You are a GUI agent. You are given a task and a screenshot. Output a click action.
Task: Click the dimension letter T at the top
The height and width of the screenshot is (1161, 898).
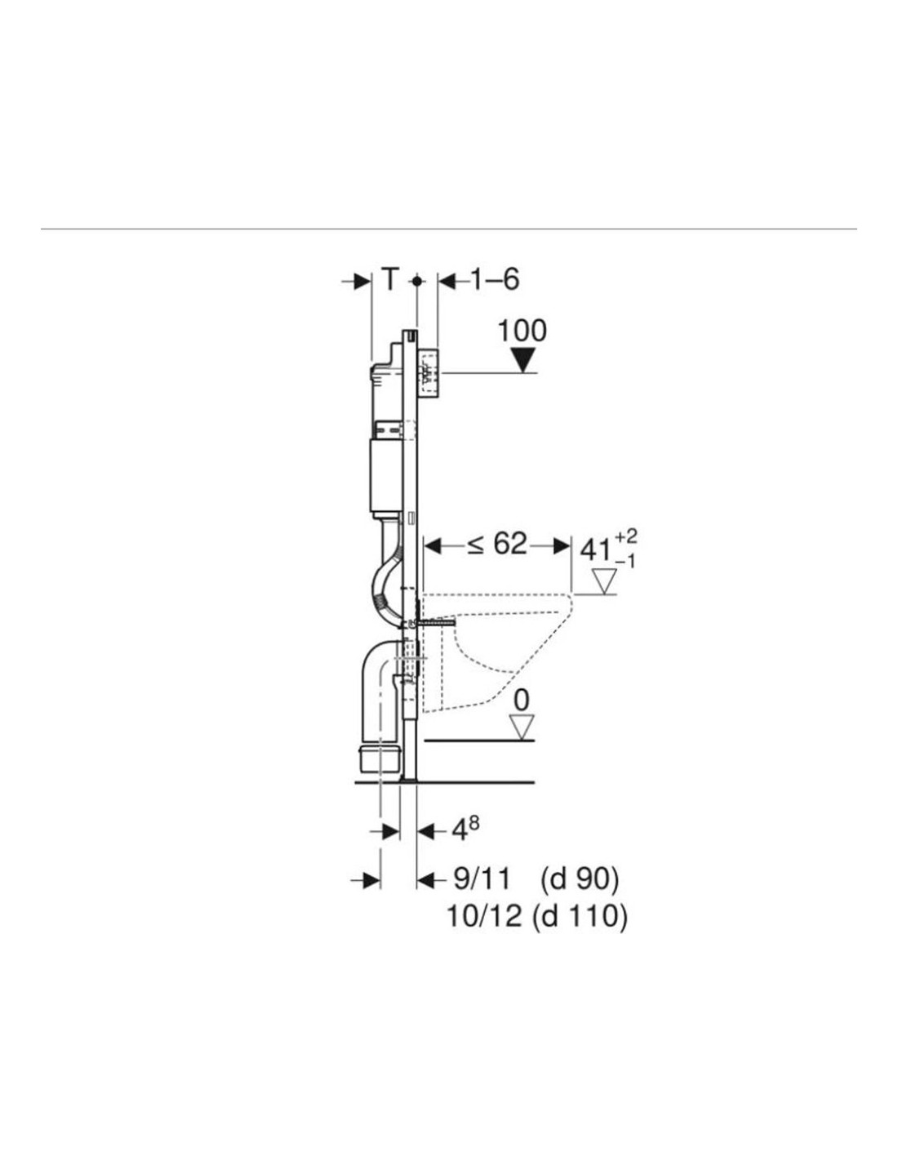(391, 279)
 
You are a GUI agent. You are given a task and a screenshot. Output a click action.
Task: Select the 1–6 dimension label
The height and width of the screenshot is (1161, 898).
(496, 279)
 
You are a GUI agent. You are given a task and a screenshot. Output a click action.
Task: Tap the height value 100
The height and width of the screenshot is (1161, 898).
(522, 331)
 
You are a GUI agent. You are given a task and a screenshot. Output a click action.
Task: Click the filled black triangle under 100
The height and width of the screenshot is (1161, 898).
(522, 360)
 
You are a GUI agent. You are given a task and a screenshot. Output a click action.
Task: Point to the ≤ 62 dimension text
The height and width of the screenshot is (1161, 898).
(497, 545)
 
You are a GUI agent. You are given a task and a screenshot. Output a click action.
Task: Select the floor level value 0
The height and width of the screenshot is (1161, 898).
(522, 701)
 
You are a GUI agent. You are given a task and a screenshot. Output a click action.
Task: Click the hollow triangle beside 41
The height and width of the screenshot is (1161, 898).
(604, 582)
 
